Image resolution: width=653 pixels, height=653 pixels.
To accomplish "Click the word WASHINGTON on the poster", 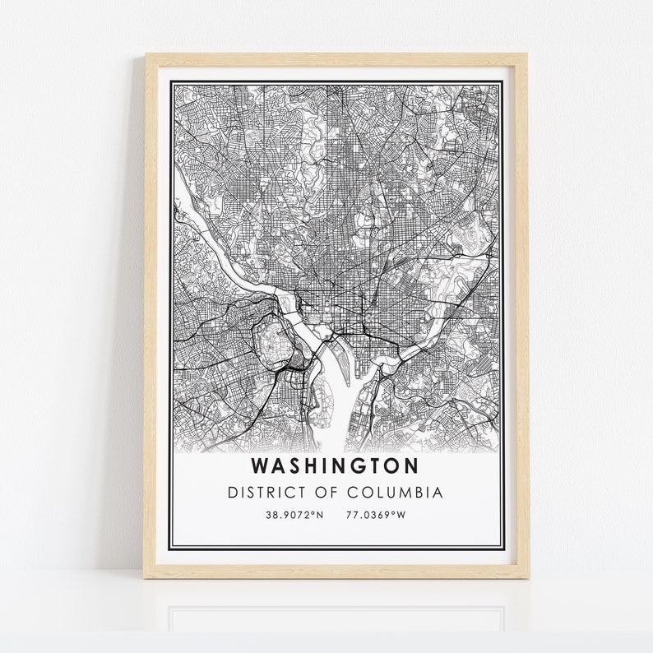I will click(335, 465).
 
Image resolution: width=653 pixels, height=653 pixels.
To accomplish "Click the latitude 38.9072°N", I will click(294, 515).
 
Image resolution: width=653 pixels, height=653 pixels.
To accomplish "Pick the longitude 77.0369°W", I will click(375, 515).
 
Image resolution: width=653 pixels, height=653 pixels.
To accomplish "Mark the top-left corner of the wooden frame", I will click(147, 55).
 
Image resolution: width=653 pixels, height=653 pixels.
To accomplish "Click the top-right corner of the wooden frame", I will click(527, 55).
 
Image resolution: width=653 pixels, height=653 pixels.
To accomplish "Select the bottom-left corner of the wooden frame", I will click(147, 577).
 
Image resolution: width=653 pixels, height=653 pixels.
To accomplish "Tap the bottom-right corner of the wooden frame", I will click(527, 577).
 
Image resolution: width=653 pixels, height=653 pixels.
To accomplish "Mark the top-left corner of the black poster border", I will click(169, 81).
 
